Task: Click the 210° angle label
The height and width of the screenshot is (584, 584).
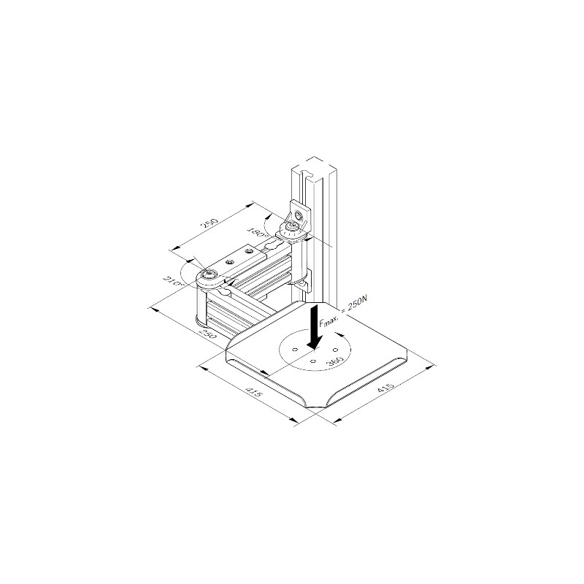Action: [x=174, y=282]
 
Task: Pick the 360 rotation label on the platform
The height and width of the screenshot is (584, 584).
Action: [x=334, y=361]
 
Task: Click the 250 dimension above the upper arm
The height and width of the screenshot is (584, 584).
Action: [x=210, y=223]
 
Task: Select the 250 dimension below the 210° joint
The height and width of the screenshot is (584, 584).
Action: [x=207, y=334]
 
